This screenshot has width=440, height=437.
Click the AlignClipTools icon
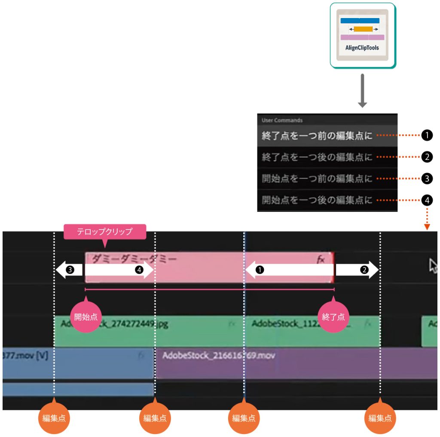coord(362,35)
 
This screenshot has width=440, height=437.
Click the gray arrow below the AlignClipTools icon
coord(362,91)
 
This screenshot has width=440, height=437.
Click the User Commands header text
coord(282,120)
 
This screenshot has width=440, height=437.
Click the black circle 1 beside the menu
coord(427,136)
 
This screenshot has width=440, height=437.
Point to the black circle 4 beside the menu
coord(427,200)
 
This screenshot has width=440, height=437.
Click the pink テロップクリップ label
coord(105,232)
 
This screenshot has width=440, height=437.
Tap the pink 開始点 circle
coord(86,317)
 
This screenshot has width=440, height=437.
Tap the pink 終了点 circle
coord(333,317)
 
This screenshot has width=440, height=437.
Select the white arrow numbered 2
coord(357,270)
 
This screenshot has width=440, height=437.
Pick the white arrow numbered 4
coord(119,270)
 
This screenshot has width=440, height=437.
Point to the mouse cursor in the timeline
coord(433,266)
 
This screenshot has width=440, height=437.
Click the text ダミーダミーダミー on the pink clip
coord(134,259)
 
